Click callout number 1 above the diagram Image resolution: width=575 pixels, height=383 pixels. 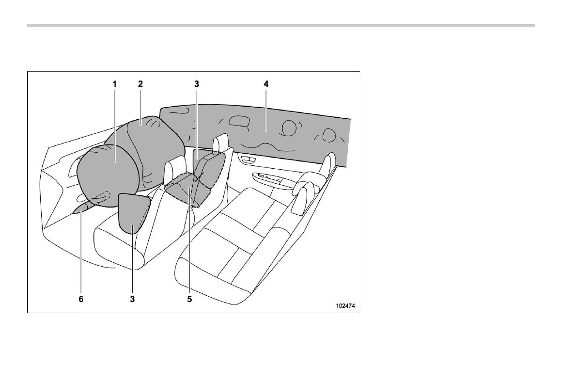tap(115, 84)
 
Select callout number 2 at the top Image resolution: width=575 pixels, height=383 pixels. tap(140, 84)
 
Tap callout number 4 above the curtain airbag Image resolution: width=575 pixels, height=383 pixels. tap(266, 84)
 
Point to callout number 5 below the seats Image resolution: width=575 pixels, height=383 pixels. tap(189, 300)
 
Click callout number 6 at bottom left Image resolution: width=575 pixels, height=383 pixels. tap(81, 300)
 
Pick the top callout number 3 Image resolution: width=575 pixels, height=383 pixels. tap(197, 84)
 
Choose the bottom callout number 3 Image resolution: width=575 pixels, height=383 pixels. tap(132, 300)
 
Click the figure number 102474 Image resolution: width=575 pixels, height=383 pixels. tap(347, 306)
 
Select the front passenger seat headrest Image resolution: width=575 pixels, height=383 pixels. tap(221, 142)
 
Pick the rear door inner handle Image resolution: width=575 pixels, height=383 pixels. tap(248, 160)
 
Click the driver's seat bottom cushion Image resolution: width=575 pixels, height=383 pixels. tap(121, 247)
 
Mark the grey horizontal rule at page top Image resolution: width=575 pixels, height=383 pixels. tap(280, 25)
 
